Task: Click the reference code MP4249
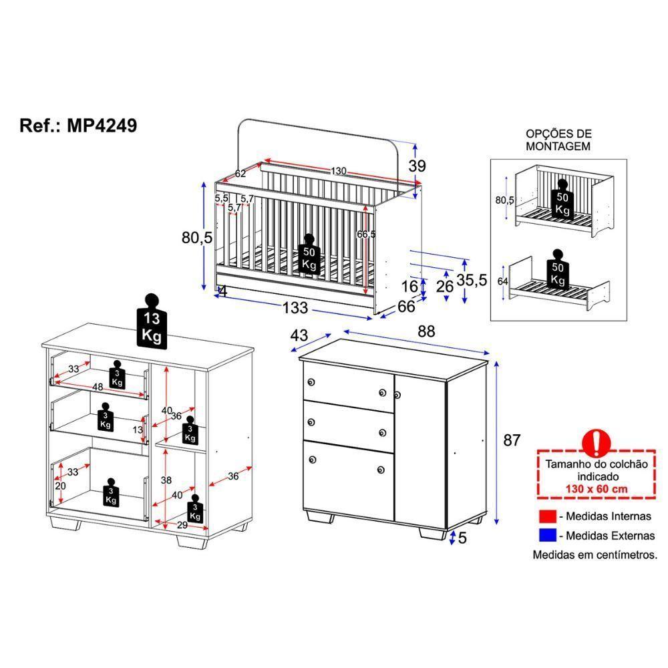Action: pos(102,126)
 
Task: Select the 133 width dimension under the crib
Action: pos(295,308)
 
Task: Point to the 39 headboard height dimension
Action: pos(417,166)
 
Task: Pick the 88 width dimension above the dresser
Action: pos(426,331)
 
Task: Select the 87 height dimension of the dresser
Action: pos(511,440)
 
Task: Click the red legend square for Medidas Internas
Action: pos(546,516)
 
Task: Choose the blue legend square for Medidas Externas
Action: pos(546,536)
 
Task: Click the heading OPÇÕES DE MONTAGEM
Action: pos(558,140)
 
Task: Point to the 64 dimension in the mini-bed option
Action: pos(503,281)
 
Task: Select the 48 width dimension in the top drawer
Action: pos(97,387)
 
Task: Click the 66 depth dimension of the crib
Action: pos(406,306)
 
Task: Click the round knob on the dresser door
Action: pos(399,395)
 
